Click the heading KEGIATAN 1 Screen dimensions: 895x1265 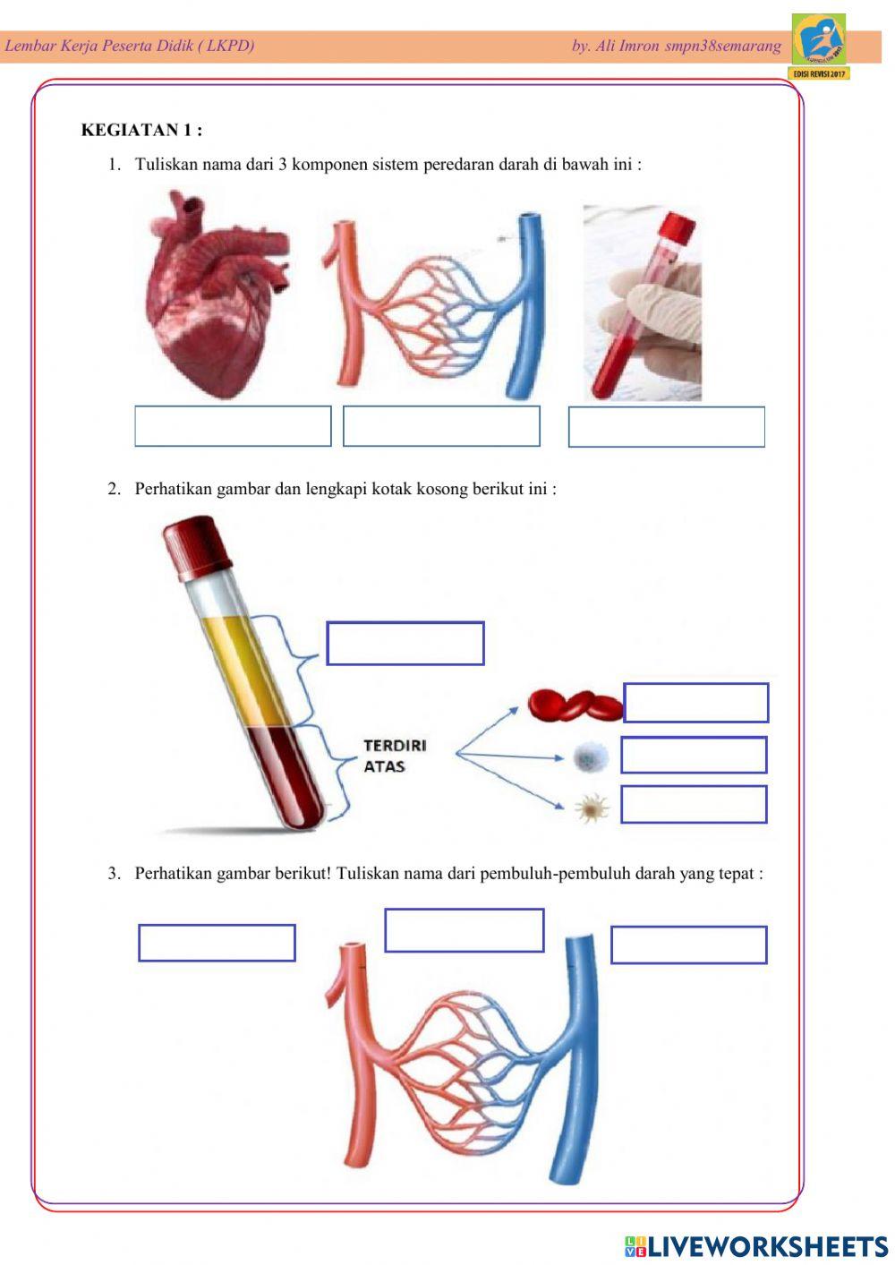click(141, 130)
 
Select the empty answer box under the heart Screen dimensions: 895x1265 click(233, 426)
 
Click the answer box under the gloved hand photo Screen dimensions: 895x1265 click(666, 426)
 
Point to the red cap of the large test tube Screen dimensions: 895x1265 click(197, 548)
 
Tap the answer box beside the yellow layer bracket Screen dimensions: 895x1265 click(405, 643)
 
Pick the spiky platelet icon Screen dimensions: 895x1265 click(592, 808)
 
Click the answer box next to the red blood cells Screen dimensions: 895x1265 click(695, 703)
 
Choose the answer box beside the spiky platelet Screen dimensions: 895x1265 click(694, 804)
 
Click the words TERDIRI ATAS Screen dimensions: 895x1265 click(396, 756)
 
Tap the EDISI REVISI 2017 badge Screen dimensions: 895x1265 click(819, 73)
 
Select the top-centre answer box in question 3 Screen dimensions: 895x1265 click(465, 930)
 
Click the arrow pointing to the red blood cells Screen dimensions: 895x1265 click(487, 731)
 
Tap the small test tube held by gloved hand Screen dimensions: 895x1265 click(644, 305)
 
